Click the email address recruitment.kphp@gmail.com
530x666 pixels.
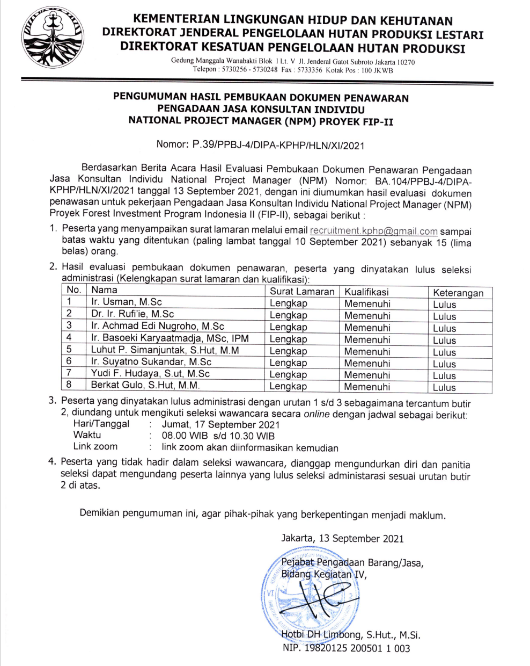pyautogui.click(x=374, y=231)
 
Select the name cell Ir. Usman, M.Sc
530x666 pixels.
pyautogui.click(x=127, y=302)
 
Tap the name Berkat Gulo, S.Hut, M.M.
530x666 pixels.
pyautogui.click(x=145, y=385)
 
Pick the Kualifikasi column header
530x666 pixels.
pyautogui.click(x=366, y=292)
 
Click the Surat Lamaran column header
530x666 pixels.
pyautogui.click(x=302, y=292)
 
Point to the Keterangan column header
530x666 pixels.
pyautogui.click(x=458, y=293)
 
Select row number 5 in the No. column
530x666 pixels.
pyautogui.click(x=69, y=350)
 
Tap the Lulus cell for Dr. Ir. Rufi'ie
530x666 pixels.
pyautogui.click(x=444, y=316)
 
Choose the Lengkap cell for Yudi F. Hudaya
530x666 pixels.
pyautogui.click(x=288, y=374)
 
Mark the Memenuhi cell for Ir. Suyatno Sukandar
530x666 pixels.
pyautogui.click(x=367, y=363)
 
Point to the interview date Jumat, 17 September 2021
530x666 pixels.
pyautogui.click(x=220, y=424)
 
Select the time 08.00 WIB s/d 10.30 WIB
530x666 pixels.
pyautogui.click(x=218, y=436)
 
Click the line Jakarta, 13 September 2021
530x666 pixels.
pyautogui.click(x=342, y=538)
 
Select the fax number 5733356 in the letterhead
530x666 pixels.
pyautogui.click(x=310, y=70)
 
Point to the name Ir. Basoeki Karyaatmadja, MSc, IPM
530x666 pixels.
pyautogui.click(x=170, y=338)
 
